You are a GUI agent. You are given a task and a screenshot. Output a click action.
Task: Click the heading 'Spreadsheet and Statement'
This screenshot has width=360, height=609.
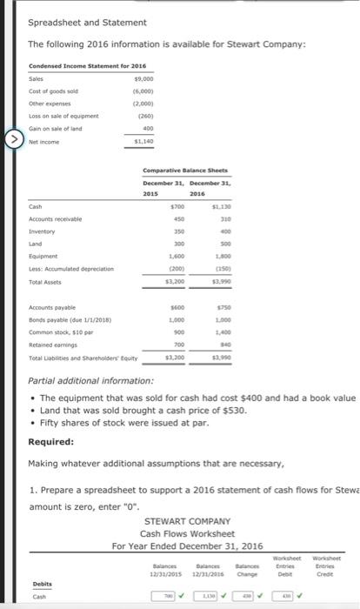(x=88, y=22)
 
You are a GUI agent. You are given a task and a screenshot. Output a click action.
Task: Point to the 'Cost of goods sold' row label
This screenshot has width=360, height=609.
(x=50, y=91)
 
